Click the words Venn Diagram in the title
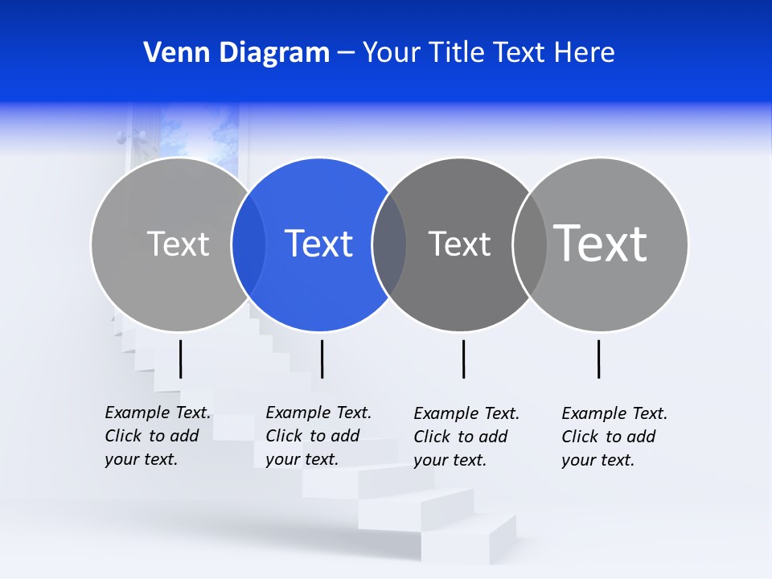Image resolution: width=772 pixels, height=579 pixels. pos(236,53)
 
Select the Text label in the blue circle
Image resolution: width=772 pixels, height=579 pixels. pos(318,244)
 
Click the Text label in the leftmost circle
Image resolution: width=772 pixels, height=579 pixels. pos(178,244)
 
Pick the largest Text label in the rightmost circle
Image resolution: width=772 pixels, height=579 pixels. pos(601,243)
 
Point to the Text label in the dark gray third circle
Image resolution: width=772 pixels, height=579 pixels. pos(459,244)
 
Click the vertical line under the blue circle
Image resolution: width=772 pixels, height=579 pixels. pos(322,359)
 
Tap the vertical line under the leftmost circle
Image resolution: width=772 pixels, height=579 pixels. pos(180,359)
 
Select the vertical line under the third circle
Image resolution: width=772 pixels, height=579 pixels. pos(463,359)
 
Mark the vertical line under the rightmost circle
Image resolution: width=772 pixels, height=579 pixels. pos(598,359)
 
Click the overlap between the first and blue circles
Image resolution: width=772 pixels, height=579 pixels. pos(248,244)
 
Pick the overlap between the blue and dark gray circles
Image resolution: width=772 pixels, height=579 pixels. pos(389,244)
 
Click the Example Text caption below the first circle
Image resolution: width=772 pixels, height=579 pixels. pos(158,436)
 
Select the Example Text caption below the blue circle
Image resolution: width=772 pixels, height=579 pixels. pos(318,436)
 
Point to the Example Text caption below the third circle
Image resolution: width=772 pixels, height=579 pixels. pos(466,437)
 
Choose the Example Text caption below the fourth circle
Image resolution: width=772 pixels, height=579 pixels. pos(614,437)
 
